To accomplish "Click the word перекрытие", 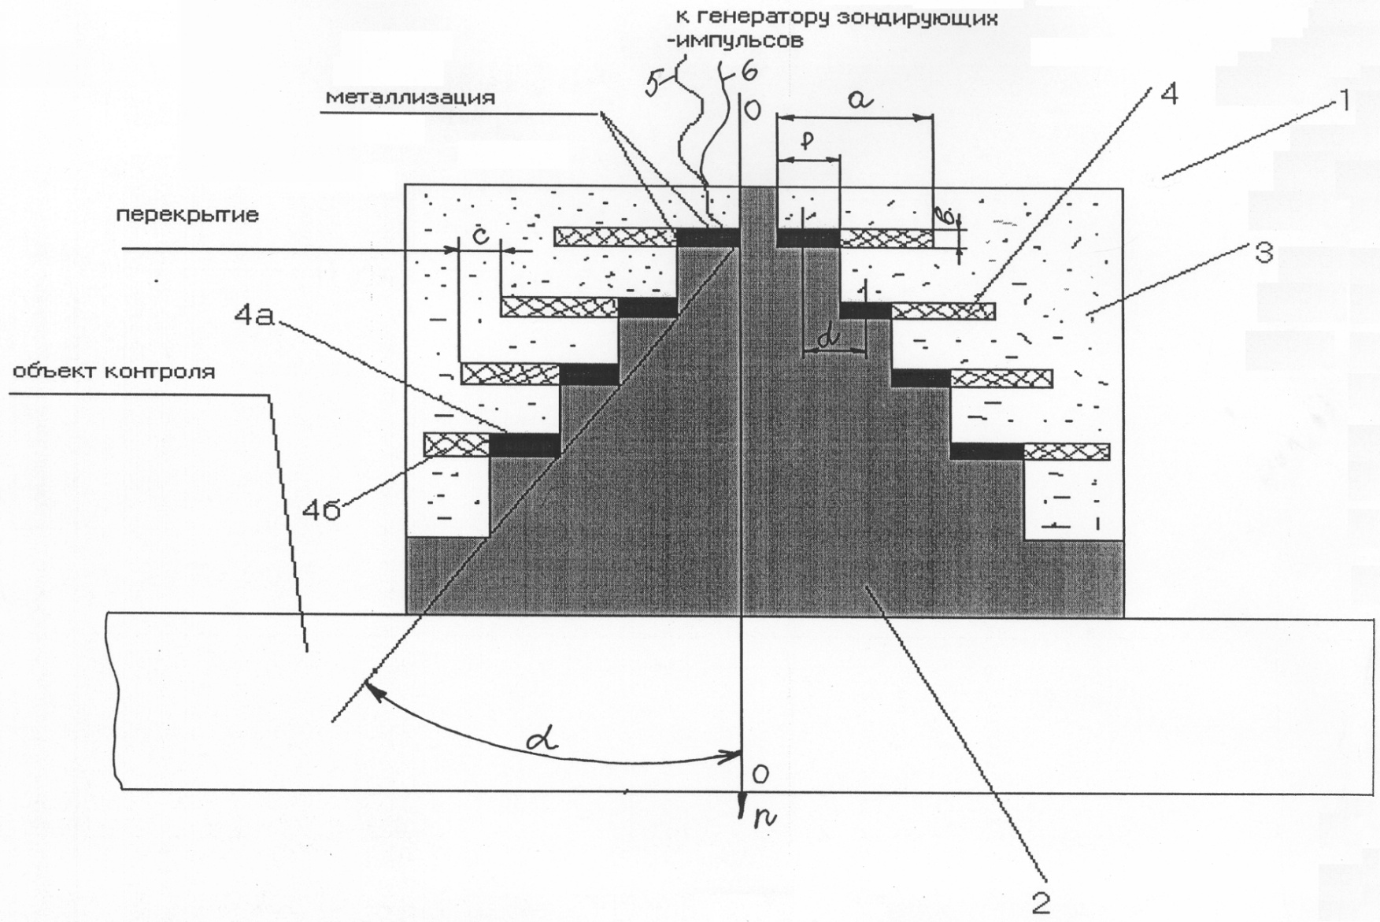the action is tap(187, 214).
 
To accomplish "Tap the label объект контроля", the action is tap(113, 371).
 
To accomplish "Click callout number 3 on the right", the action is tap(1263, 254).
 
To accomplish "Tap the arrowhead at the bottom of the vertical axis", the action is tap(742, 811).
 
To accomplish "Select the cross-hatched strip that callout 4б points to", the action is tap(457, 445).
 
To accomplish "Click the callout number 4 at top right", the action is tap(1169, 95).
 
